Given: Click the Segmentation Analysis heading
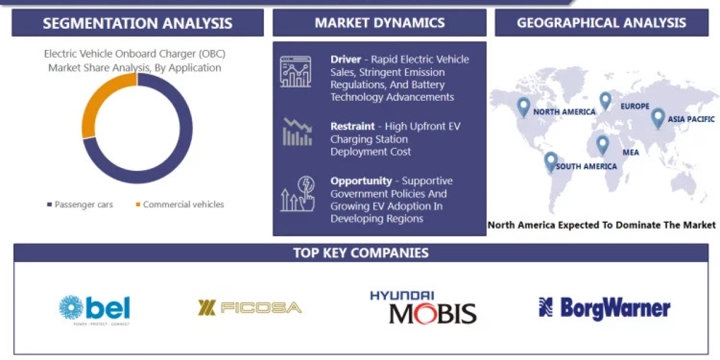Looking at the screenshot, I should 137,23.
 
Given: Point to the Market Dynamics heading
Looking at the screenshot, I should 380,23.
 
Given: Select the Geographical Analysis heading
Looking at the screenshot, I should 601,23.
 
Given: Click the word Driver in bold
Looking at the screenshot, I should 346,59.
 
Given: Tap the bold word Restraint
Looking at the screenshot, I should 352,127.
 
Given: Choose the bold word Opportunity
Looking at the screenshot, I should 361,181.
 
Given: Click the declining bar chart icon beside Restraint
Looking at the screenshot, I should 297,132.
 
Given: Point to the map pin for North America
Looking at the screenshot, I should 524,106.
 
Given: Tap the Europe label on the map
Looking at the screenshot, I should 635,106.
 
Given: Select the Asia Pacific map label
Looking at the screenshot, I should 691,119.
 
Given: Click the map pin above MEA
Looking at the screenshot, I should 602,143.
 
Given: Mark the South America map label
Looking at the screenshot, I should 586,166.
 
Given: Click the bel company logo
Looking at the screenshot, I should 95,309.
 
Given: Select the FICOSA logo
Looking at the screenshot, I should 250,308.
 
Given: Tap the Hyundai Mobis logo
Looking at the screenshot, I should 423,307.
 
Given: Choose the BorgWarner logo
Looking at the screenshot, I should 604,308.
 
